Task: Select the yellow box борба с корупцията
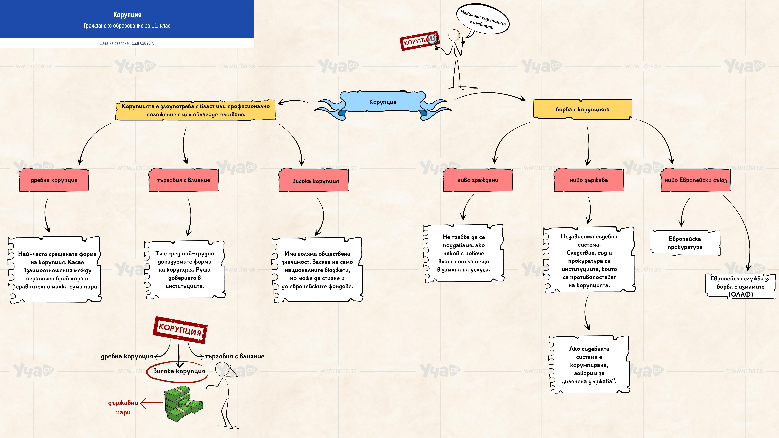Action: point(582,109)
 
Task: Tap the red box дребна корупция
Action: point(54,180)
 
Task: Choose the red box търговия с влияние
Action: point(184,180)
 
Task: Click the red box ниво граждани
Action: point(478,180)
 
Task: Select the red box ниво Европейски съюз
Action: point(696,180)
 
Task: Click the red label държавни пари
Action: point(123,407)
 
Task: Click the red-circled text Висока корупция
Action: point(179,371)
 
